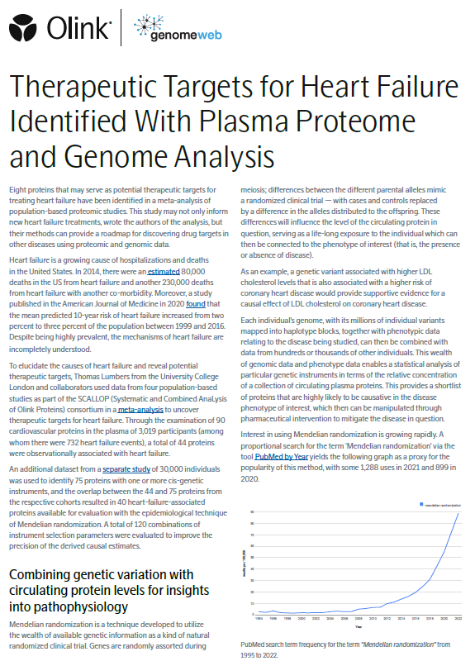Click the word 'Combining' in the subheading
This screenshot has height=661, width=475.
pyautogui.click(x=47, y=574)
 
